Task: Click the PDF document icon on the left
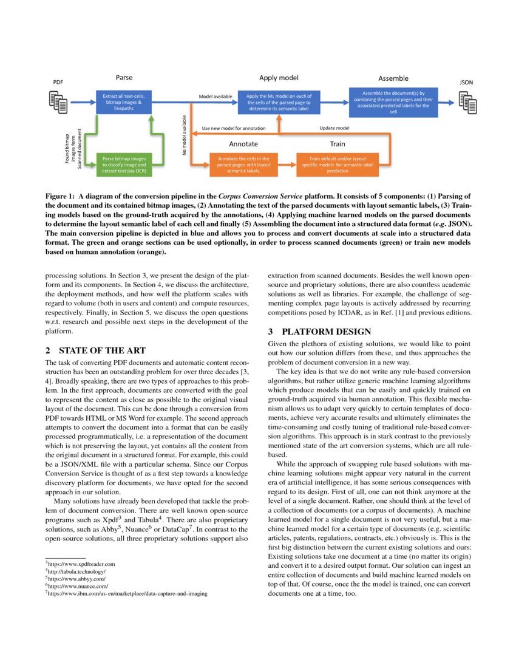[58, 101]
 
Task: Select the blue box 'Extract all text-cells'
[123, 103]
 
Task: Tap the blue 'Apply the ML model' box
[279, 102]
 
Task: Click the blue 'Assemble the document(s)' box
[393, 103]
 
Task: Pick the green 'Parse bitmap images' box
[123, 165]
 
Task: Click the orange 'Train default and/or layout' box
[337, 165]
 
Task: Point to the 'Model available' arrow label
[215, 96]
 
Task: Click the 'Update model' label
[334, 128]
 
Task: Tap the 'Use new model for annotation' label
[233, 128]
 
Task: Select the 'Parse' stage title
[124, 78]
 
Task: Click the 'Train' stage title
[338, 144]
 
